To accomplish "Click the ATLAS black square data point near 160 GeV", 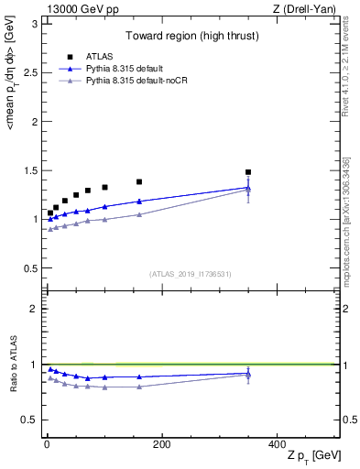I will [139, 182].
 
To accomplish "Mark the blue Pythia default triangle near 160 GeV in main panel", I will [139, 202].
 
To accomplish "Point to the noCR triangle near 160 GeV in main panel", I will [139, 214].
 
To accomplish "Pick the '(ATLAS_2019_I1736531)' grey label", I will [189, 274].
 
